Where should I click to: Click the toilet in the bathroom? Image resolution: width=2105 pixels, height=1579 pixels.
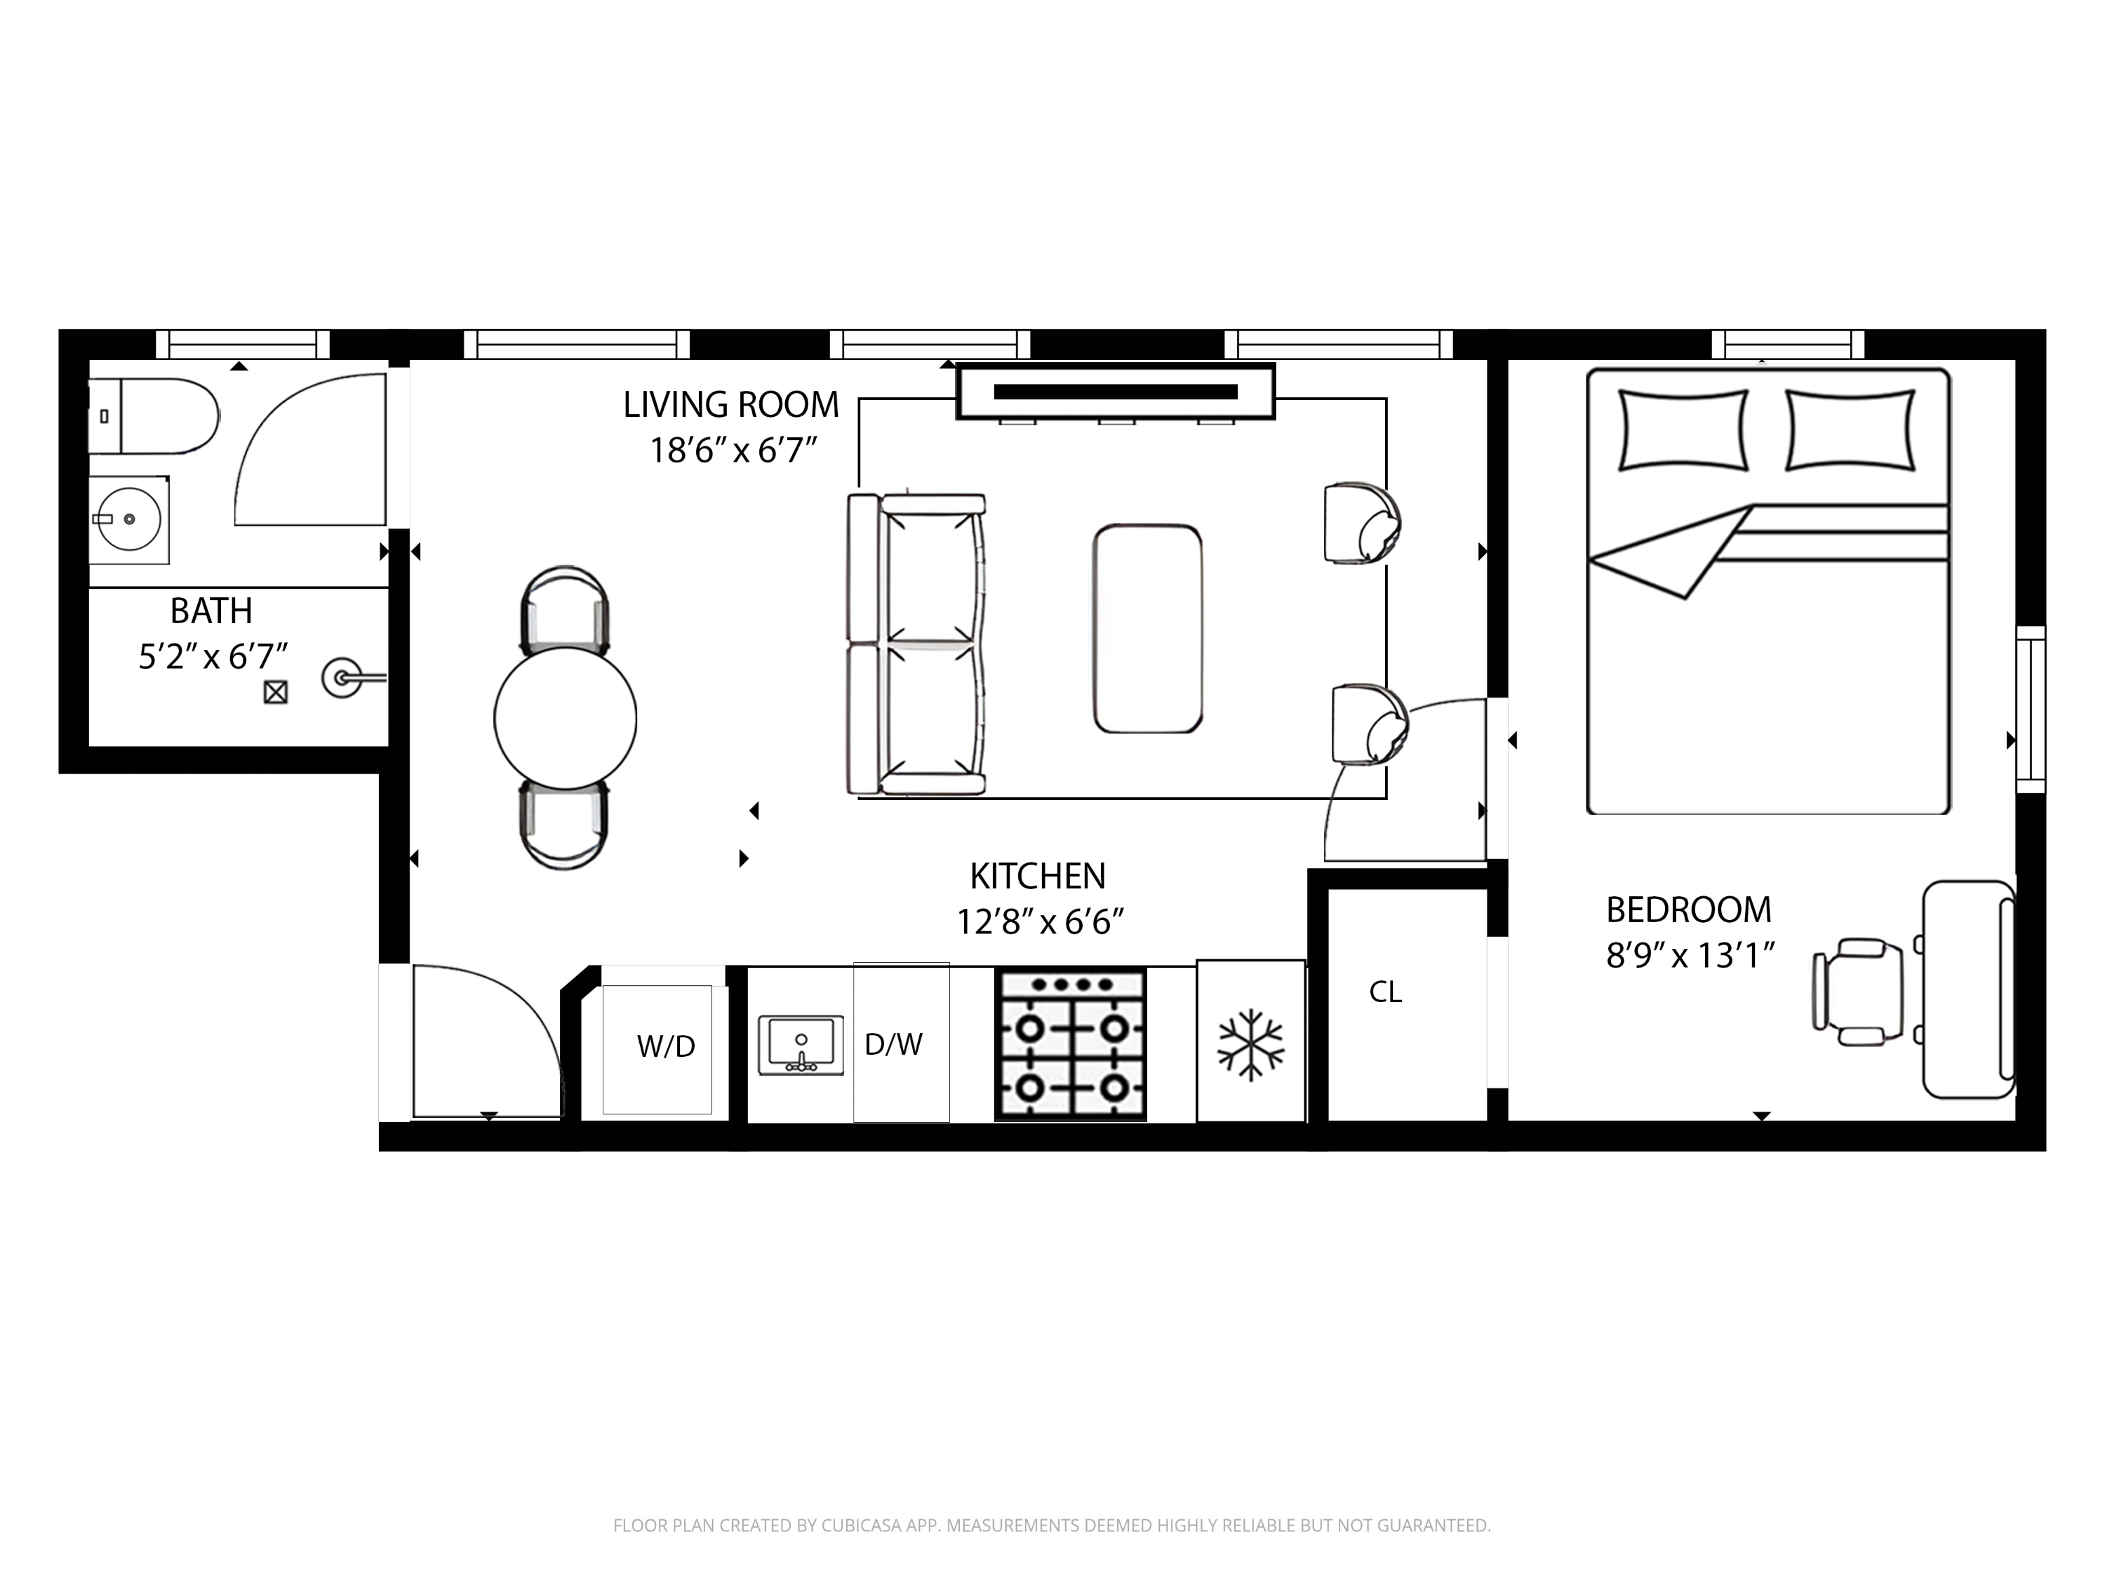[x=157, y=416]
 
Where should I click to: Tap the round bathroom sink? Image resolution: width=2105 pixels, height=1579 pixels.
[x=129, y=520]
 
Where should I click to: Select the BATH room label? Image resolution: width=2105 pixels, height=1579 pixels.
[x=211, y=611]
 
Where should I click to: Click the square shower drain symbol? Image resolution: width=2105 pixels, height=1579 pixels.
[x=276, y=692]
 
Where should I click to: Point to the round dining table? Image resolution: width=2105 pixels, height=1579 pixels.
[x=566, y=719]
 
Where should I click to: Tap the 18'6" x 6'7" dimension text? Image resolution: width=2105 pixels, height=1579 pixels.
[x=733, y=451]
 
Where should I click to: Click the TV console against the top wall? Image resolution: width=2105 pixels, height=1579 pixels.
[x=1116, y=391]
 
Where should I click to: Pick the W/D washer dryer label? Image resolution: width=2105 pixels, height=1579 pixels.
[x=665, y=1047]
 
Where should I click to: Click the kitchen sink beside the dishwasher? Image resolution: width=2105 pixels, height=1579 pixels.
[x=801, y=1045]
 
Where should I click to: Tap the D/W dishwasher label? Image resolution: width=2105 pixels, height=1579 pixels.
[x=894, y=1045]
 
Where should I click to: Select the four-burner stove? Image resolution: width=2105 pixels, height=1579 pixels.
[x=1071, y=1045]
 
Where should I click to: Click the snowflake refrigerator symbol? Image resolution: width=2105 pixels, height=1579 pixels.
[x=1250, y=1045]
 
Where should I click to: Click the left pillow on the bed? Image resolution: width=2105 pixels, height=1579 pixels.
[x=1683, y=430]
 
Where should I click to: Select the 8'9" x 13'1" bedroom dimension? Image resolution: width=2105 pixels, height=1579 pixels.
[x=1690, y=956]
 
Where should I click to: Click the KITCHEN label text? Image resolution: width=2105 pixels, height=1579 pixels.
[x=1037, y=877]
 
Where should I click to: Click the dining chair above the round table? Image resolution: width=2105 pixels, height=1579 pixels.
[x=566, y=609]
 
